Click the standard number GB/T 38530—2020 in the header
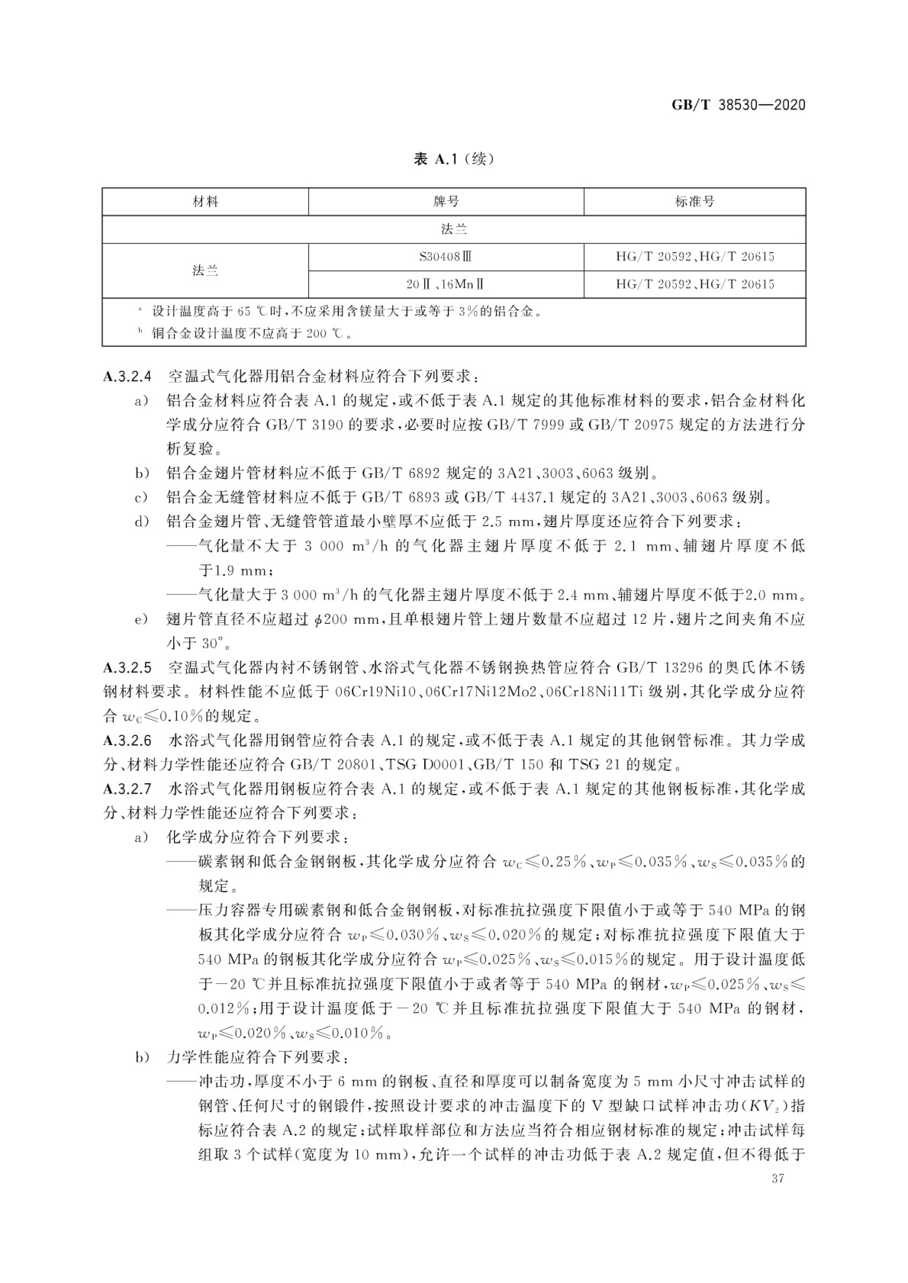[738, 104]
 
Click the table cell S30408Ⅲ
[446, 257]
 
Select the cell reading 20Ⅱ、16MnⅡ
[446, 285]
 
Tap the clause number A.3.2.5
[127, 668]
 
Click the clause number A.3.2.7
[127, 789]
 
